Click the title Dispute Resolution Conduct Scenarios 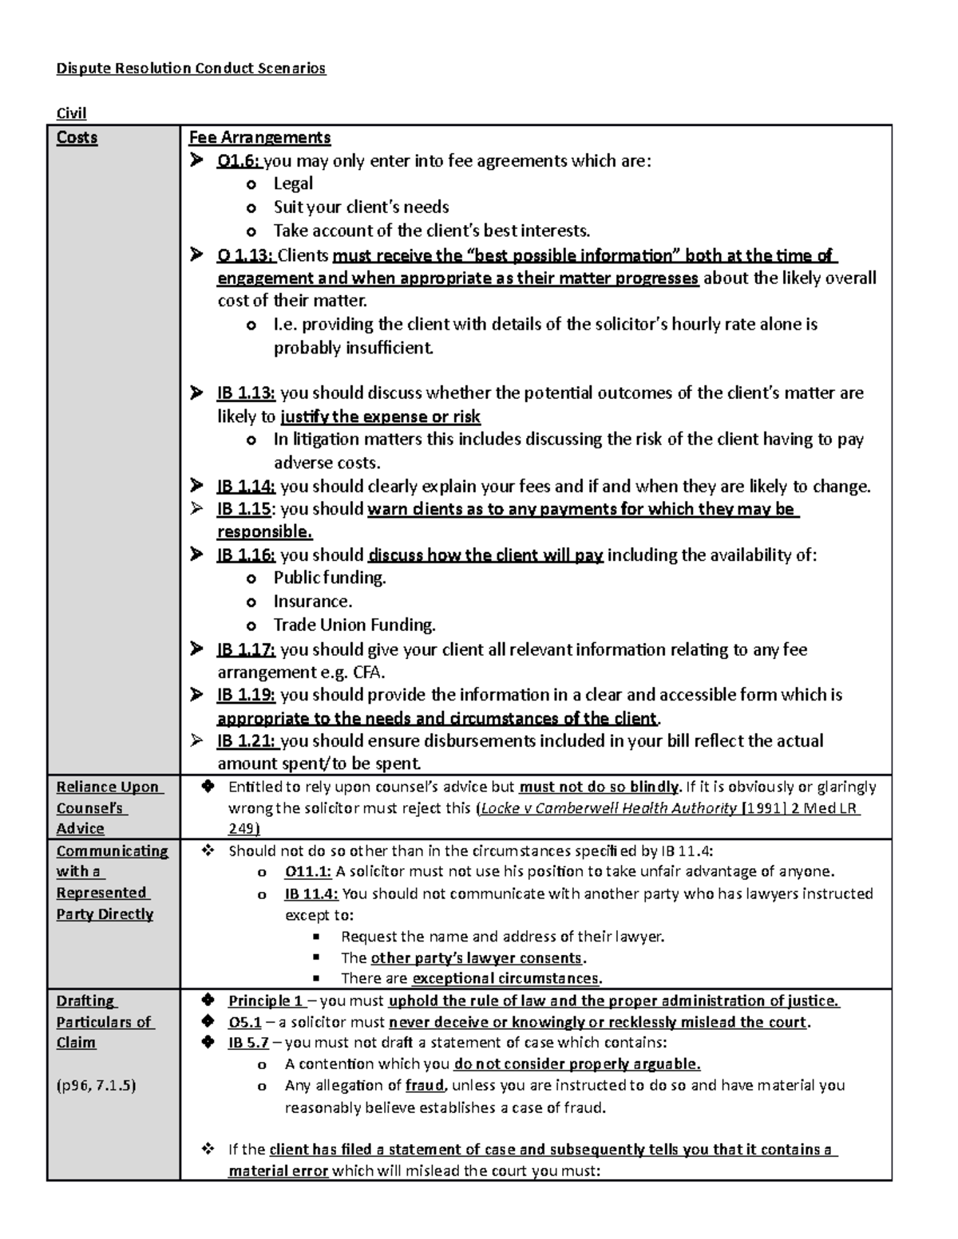pos(191,69)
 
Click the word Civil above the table pos(71,113)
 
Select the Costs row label pos(77,138)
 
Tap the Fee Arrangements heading pos(259,138)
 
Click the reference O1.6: pos(239,161)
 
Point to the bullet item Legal pos(293,183)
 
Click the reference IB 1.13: pos(246,393)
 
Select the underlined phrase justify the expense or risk pos(381,416)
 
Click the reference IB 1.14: pos(246,487)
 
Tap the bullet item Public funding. pos(330,578)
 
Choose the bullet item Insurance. pos(313,602)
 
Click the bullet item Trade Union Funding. pos(354,625)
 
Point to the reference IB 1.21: pos(247,741)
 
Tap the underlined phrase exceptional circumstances pos(505,979)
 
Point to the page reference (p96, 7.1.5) pos(96,1085)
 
